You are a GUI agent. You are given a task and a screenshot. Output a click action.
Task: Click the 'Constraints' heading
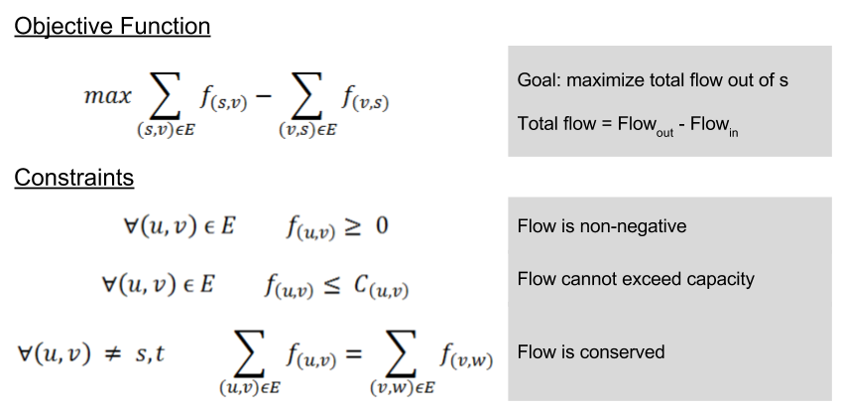[x=73, y=179]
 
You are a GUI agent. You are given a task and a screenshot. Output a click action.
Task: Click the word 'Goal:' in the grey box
[x=538, y=80]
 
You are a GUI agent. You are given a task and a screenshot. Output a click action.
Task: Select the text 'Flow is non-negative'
[x=601, y=226]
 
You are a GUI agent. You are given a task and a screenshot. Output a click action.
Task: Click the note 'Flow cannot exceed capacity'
[x=636, y=279]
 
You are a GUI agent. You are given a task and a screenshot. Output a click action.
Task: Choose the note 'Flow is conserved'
[x=591, y=351]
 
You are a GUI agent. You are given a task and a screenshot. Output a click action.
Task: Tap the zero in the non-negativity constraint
[x=381, y=227]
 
